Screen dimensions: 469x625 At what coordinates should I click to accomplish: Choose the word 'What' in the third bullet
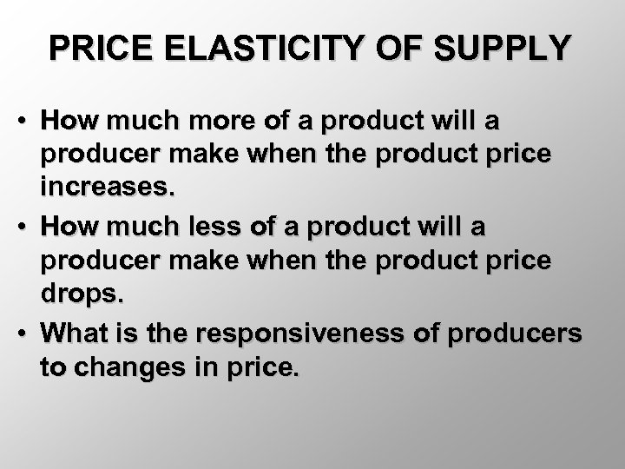point(75,334)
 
